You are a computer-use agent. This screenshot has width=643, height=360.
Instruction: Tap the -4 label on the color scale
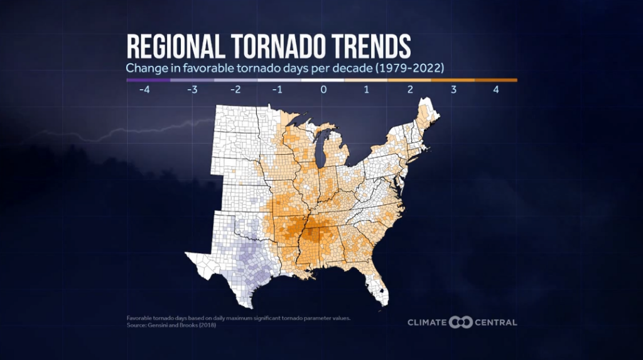[x=146, y=90]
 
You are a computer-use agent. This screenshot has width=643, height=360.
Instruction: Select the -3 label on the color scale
[x=192, y=90]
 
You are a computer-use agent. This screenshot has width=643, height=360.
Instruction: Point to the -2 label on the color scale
[x=235, y=90]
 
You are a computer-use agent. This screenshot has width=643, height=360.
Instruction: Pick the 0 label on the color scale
[x=323, y=90]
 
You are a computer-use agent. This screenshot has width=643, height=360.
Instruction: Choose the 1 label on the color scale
[x=366, y=90]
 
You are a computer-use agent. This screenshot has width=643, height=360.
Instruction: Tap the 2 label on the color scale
[x=409, y=90]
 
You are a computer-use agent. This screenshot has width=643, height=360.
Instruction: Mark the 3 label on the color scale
[x=453, y=90]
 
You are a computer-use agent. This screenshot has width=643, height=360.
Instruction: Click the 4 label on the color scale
[x=496, y=90]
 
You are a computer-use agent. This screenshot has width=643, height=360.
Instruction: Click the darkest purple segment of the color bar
[x=148, y=80]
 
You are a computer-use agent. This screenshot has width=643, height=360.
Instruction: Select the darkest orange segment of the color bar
[x=495, y=80]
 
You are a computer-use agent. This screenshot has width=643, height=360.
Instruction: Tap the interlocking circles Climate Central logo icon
[x=461, y=322]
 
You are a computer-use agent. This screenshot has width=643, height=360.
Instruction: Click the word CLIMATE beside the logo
[x=427, y=322]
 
